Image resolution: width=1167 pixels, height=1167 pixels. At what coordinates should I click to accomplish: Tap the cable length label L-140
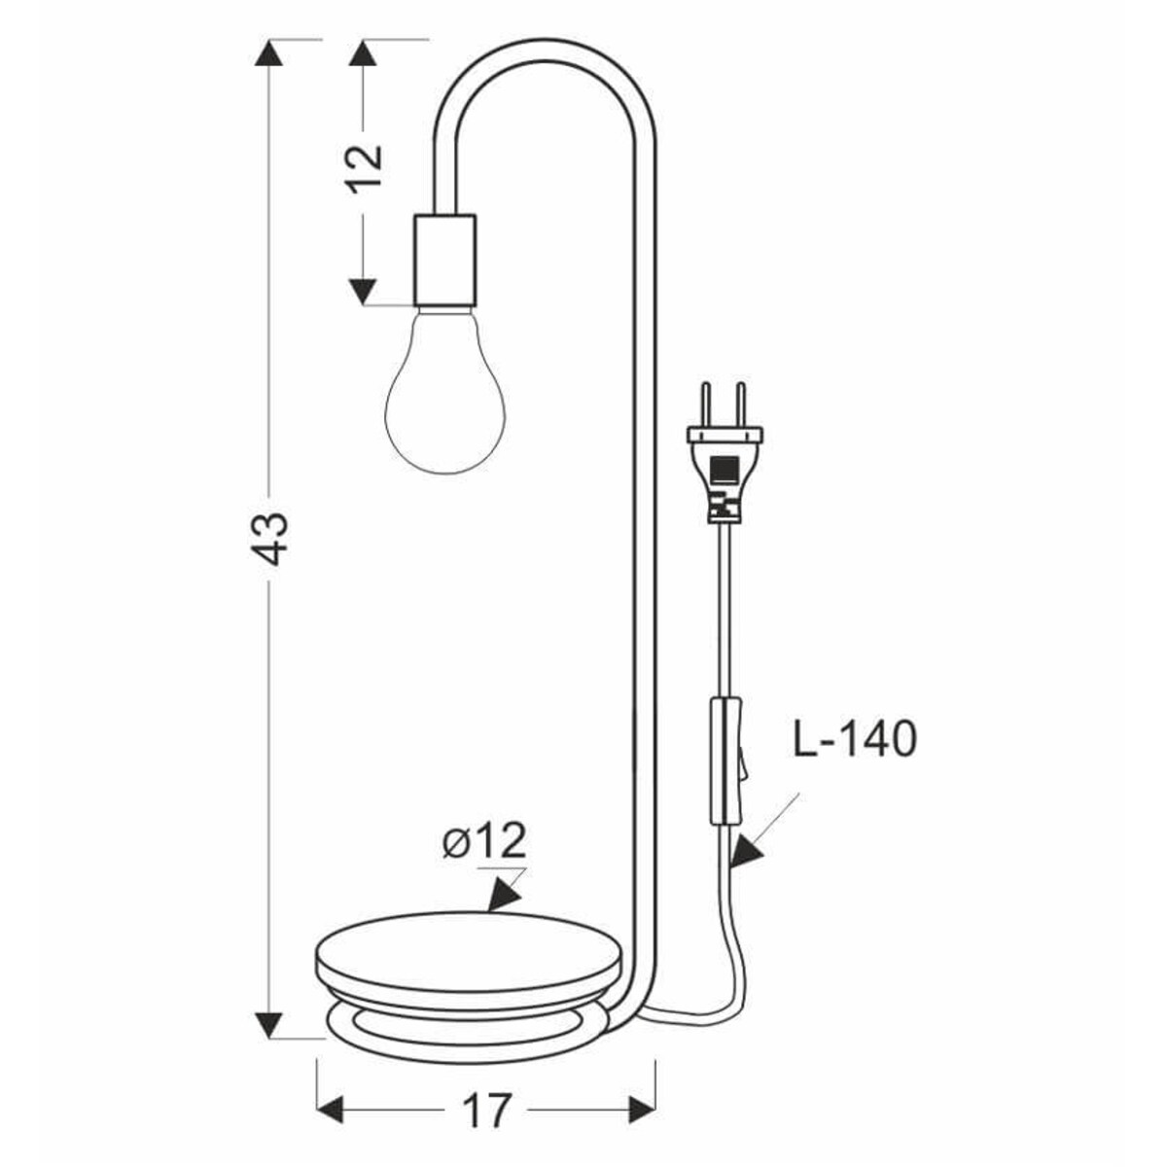click(854, 740)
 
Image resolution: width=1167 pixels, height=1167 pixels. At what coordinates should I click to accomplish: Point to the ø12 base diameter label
click(483, 841)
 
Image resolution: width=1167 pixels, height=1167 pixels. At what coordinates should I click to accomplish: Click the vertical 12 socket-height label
click(367, 169)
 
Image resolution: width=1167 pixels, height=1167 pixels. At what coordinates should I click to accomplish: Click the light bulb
click(446, 394)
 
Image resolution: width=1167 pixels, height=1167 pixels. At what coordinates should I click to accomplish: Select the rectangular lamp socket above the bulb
click(444, 260)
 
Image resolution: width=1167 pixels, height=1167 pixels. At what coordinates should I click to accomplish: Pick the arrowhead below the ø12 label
click(502, 895)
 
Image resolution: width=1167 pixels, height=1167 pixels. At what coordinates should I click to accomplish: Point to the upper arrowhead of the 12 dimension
click(364, 53)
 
